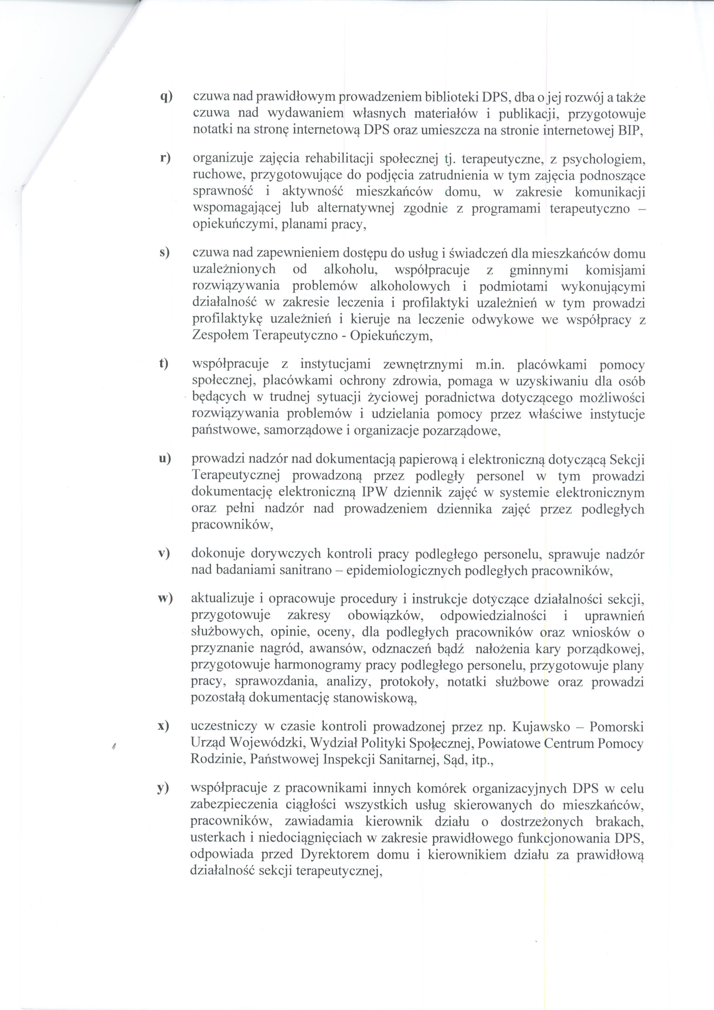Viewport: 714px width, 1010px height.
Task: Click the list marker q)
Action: click(166, 97)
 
